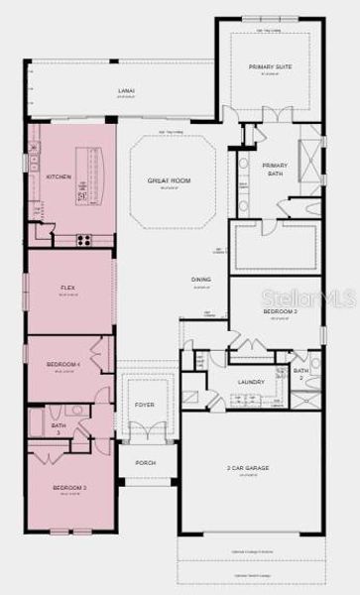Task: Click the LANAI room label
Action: [126, 90]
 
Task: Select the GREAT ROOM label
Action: [169, 180]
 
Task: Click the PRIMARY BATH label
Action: [275, 169]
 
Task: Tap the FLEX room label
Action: [68, 289]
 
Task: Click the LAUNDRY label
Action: [249, 381]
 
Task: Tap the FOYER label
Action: [145, 406]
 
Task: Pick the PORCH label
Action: [145, 461]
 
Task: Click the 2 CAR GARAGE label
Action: [248, 468]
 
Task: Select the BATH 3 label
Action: [58, 428]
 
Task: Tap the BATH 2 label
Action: [300, 374]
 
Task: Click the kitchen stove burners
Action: [83, 239]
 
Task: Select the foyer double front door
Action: [145, 433]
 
